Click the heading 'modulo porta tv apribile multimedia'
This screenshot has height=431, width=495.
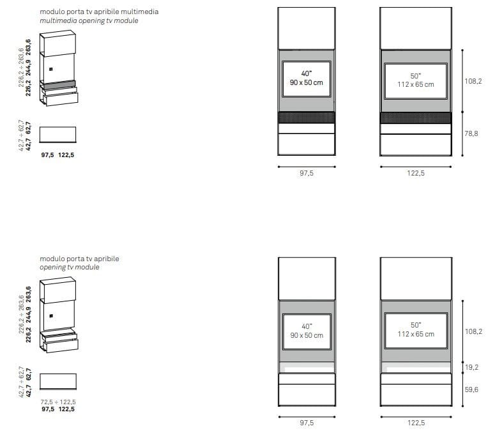pyautogui.click(x=99, y=11)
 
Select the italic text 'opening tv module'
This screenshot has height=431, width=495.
pyautogui.click(x=70, y=268)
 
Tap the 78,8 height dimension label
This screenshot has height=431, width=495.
pyautogui.click(x=471, y=133)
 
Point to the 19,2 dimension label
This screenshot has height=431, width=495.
pyautogui.click(x=471, y=367)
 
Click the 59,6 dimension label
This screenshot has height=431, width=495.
pyautogui.click(x=471, y=389)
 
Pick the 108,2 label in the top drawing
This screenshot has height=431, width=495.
pyautogui.click(x=473, y=81)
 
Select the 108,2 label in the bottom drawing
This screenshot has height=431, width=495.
pyautogui.click(x=473, y=331)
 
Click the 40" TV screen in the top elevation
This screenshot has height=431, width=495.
pyautogui.click(x=307, y=79)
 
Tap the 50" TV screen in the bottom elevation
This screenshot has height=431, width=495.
pyautogui.click(x=416, y=330)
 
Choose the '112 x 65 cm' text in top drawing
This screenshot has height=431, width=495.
pyautogui.click(x=416, y=84)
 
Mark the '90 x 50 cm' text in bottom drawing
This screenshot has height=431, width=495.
pyautogui.click(x=307, y=335)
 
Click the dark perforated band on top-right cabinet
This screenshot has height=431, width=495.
pyautogui.click(x=415, y=117)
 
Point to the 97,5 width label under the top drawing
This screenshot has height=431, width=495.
pyautogui.click(x=307, y=173)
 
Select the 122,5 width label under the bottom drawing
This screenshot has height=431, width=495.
pyautogui.click(x=416, y=423)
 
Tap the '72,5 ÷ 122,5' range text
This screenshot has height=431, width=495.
pyautogui.click(x=58, y=402)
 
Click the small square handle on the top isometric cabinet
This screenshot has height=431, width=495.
pyautogui.click(x=51, y=69)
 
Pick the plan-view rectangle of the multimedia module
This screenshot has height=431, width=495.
pyautogui.click(x=57, y=135)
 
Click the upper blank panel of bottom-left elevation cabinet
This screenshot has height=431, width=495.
pyautogui.click(x=307, y=278)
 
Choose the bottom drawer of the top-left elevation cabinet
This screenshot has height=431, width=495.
pyautogui.click(x=307, y=144)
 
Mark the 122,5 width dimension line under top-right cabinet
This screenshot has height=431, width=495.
pyautogui.click(x=416, y=167)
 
